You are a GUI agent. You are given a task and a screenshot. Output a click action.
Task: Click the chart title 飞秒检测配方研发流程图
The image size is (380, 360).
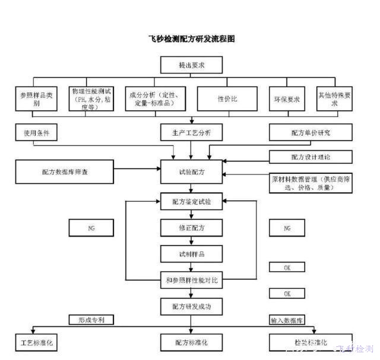click(x=191, y=39)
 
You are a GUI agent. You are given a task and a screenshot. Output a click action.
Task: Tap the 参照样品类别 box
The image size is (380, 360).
click(x=37, y=98)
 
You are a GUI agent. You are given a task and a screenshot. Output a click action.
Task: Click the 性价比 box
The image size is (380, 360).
click(x=227, y=98)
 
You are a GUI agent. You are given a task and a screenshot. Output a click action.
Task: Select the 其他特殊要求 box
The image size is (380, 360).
click(x=334, y=98)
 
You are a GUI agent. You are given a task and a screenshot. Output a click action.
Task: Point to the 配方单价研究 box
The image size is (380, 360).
click(x=311, y=132)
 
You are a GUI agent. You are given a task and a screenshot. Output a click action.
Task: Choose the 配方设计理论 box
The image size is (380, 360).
click(x=311, y=157)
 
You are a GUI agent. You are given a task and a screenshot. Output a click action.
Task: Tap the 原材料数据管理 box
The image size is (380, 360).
click(x=311, y=182)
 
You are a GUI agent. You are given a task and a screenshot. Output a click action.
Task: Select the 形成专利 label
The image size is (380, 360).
click(x=91, y=320)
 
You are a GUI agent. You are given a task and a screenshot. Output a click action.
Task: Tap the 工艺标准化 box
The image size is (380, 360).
click(x=37, y=343)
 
